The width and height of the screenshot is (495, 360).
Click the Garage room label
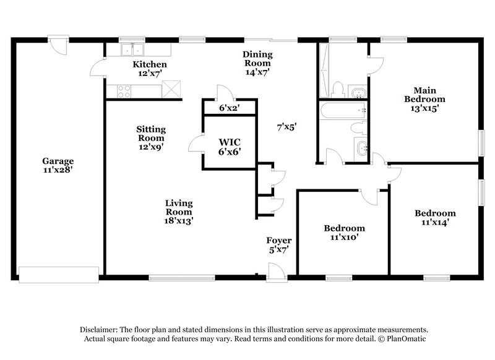coord(58,166)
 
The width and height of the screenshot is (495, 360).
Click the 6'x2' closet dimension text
coord(229,108)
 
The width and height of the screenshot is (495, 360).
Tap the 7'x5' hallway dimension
coord(286,127)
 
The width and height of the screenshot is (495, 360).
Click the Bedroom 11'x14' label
coord(435,218)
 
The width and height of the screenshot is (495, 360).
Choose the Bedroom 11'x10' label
coord(345,232)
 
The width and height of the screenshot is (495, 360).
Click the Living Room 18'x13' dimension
coord(179,212)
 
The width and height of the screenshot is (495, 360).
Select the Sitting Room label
coord(151,139)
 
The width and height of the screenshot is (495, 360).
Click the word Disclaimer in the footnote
coord(101,330)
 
